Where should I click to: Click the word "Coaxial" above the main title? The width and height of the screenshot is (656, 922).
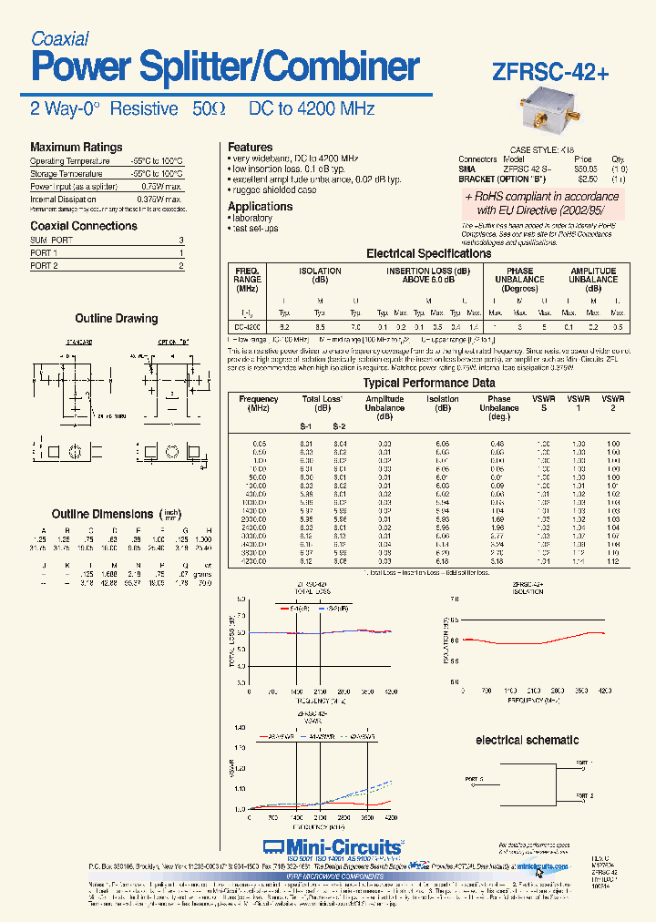59,38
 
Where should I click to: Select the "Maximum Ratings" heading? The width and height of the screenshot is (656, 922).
76,147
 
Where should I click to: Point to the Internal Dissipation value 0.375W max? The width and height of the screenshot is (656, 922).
159,199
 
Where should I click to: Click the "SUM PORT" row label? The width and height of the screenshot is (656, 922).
51,240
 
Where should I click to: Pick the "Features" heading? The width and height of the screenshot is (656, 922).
250,147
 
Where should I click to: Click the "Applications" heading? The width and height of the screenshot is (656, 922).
260,206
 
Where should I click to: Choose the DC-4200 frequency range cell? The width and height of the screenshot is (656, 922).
248,326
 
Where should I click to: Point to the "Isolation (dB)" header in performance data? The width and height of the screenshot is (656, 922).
443,404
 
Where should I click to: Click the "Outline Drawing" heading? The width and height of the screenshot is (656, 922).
116,319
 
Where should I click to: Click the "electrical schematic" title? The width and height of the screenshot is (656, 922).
527,740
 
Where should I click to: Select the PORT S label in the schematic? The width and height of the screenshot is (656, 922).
476,779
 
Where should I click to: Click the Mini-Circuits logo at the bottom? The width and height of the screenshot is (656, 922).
332,847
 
